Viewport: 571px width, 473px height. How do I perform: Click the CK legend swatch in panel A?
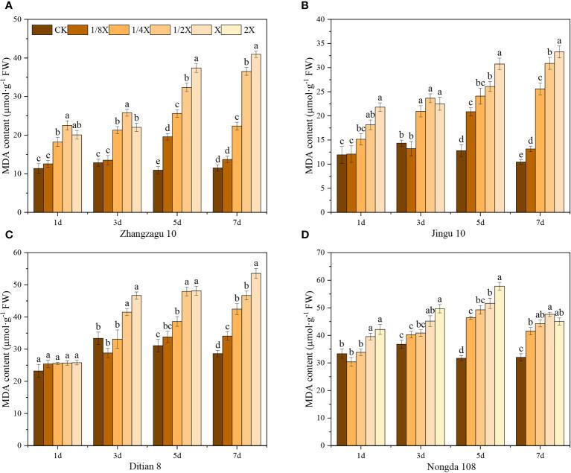pos(40,31)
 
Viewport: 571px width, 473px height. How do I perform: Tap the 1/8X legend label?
pos(98,31)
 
